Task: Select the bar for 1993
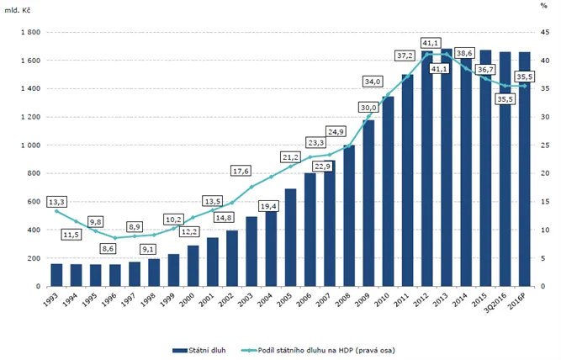[56, 275]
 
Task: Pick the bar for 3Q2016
[505, 168]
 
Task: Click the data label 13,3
[56, 201]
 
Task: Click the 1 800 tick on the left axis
[31, 32]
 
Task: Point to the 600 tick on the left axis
[34, 202]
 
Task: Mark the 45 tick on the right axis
[544, 32]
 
